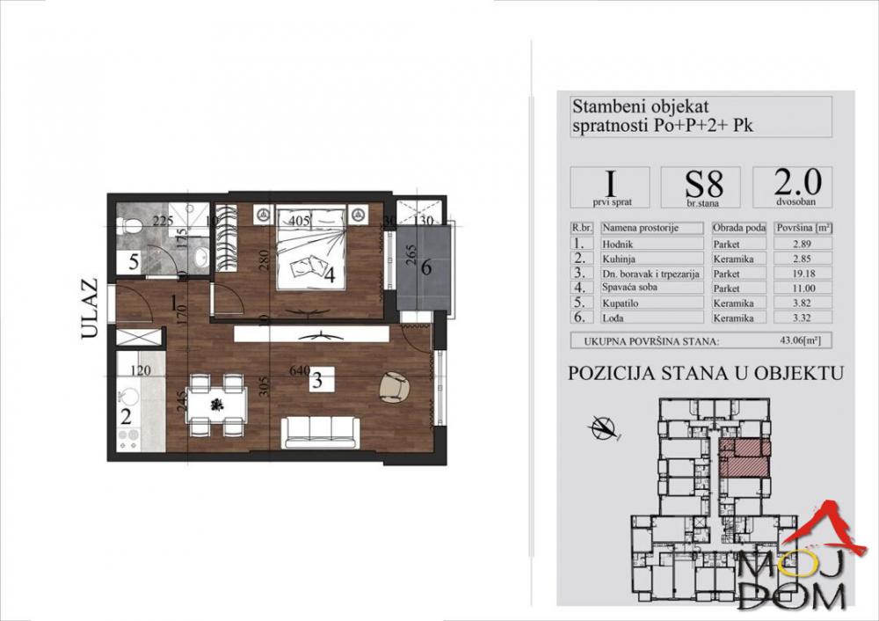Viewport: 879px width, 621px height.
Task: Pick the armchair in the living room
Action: coord(394,386)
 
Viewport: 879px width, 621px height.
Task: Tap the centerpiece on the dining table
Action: coord(216,404)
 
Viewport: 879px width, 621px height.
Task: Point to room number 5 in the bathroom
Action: coord(133,260)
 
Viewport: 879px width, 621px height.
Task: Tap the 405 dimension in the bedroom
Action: coord(299,222)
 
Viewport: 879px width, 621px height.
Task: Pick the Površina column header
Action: coord(803,226)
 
